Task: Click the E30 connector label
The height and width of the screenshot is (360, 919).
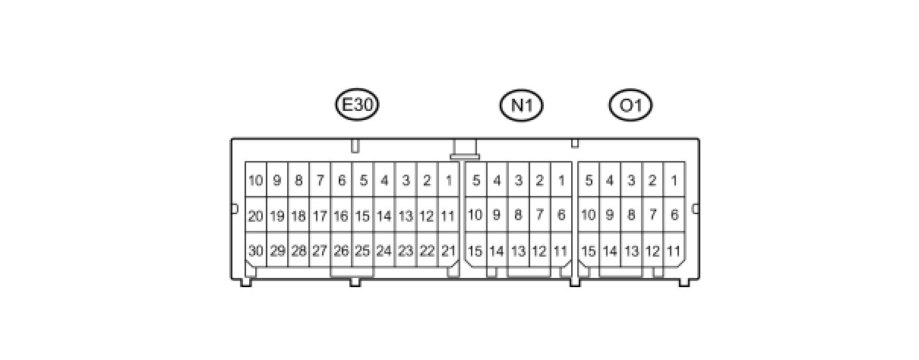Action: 357,106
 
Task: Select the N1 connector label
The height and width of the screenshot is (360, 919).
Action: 522,106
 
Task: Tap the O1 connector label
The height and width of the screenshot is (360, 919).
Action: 630,106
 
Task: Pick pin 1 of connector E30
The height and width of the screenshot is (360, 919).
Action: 448,181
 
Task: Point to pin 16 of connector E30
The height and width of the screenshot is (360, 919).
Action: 341,216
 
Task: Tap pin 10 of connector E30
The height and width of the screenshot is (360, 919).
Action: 255,181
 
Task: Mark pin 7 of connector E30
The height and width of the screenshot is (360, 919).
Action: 320,181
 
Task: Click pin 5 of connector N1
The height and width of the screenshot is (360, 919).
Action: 475,181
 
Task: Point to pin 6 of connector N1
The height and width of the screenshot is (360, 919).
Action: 561,216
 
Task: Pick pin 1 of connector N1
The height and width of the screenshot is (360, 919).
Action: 561,181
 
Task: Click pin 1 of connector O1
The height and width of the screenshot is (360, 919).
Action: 674,181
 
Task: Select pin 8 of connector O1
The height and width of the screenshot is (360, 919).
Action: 630,216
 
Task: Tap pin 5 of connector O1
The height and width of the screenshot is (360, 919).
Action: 588,181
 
